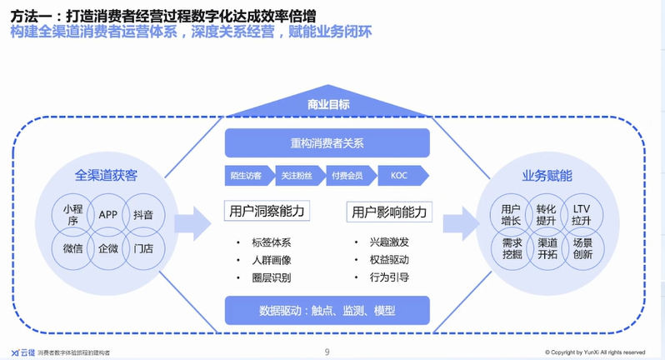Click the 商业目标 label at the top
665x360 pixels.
coord(327,103)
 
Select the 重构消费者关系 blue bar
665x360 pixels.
coord(327,142)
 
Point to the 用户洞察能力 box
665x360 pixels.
coord(266,211)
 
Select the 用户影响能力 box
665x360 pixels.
coord(387,211)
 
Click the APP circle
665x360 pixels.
coord(107,214)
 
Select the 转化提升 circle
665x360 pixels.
coord(546,214)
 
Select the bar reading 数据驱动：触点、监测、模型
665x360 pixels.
coord(327,310)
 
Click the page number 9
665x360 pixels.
coord(327,352)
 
